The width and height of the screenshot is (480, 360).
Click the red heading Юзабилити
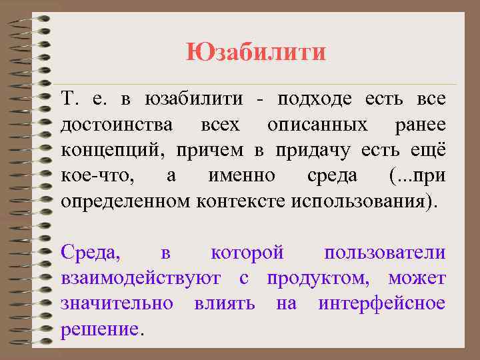[x=256, y=52]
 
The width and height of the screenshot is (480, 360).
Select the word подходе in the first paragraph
[x=318, y=100]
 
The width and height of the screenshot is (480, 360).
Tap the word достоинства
[x=117, y=125]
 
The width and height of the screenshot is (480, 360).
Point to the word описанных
[x=317, y=125]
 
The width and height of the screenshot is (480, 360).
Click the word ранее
[x=420, y=125]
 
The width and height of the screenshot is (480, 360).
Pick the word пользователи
[x=385, y=253]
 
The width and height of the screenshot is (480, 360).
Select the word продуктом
[x=322, y=279]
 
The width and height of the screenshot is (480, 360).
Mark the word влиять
[x=225, y=304]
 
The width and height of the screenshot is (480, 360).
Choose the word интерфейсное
[x=381, y=304]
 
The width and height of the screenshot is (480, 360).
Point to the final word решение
[x=100, y=329]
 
